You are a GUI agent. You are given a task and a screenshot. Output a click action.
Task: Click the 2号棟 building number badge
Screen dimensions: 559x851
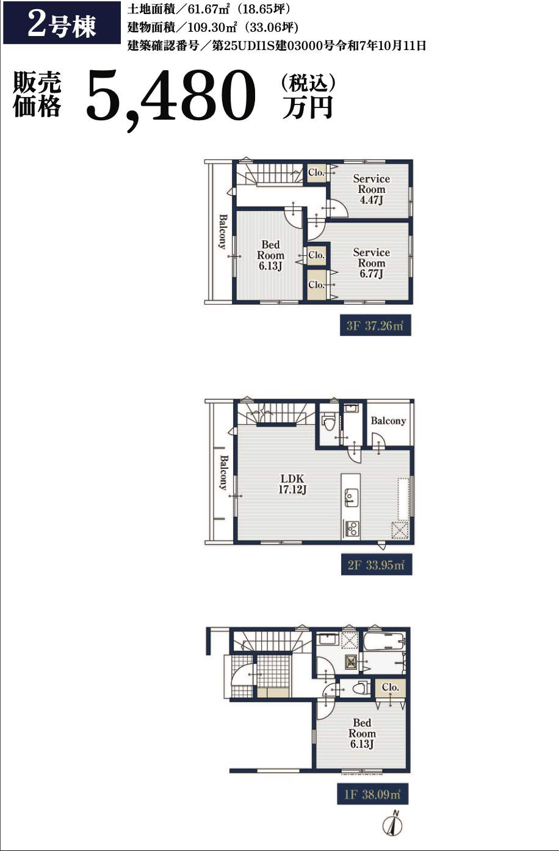(x=62, y=23)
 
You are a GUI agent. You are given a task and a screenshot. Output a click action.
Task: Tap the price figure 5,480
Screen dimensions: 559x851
(x=170, y=99)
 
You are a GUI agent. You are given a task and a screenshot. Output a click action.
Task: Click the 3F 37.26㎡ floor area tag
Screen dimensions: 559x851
(x=375, y=325)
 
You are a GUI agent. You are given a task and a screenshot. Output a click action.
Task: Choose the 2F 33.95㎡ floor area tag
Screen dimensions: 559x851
(x=377, y=565)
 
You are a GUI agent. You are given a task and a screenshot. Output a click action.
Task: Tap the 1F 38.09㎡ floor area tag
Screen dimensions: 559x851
(x=372, y=793)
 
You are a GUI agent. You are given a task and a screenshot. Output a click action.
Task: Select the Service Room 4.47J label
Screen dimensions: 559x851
(x=372, y=189)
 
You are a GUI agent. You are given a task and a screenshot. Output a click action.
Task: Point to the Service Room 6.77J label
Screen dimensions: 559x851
(x=372, y=263)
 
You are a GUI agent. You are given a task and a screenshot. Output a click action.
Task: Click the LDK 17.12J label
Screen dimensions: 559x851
(x=292, y=484)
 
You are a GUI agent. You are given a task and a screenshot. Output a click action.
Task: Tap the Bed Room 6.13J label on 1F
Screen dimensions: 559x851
(x=362, y=734)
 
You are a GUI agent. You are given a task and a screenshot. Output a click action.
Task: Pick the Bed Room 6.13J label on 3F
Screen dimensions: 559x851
(x=270, y=255)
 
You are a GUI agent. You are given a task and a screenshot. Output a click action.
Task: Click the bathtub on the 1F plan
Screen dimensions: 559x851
(x=383, y=641)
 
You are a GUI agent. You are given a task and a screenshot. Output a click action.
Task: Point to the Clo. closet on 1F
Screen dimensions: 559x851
(x=391, y=687)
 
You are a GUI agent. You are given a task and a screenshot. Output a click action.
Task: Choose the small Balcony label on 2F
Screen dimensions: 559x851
(x=388, y=421)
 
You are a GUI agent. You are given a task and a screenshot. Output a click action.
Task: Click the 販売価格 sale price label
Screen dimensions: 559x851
(x=37, y=93)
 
